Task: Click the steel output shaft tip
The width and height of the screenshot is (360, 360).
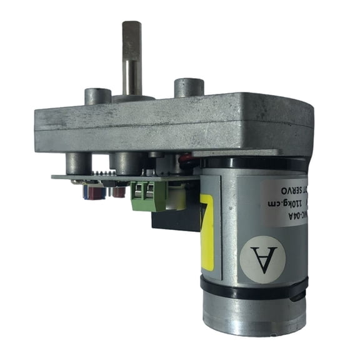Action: tap(131, 28)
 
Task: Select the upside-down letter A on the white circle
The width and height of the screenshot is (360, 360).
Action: tap(262, 256)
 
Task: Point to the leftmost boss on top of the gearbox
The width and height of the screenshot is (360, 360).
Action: tap(97, 97)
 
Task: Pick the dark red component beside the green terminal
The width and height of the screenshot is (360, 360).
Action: tap(118, 191)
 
